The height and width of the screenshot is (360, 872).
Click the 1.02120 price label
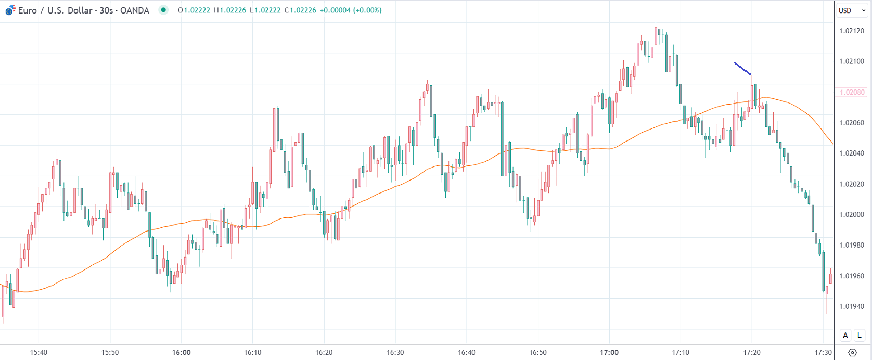(852, 31)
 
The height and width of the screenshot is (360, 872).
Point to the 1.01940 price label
(852, 306)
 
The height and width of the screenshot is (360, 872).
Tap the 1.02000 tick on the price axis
(852, 214)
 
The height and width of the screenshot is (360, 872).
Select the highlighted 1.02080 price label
(852, 92)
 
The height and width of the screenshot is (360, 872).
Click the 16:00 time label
(181, 352)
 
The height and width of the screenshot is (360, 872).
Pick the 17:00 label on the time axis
(609, 352)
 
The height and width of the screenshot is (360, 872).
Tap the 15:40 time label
(39, 352)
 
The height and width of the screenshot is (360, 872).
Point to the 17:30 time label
(824, 352)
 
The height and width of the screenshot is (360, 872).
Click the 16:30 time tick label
(395, 352)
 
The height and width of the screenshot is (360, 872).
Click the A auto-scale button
(845, 335)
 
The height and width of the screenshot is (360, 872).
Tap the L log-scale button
(860, 335)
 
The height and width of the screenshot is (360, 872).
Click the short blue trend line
(742, 68)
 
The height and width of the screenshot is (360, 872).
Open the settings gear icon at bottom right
(852, 352)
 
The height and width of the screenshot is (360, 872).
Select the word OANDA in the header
(134, 10)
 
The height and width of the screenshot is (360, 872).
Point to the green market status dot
(163, 10)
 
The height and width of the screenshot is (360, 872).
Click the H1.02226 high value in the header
(230, 10)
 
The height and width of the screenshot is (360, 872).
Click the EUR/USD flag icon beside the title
(10, 10)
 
